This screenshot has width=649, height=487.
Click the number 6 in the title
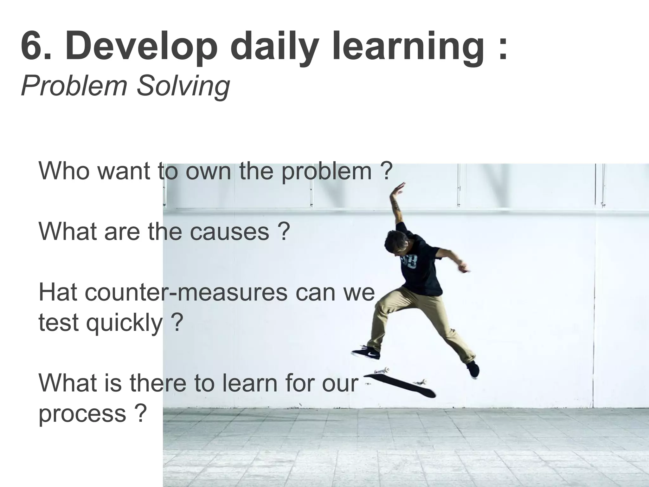click(32, 47)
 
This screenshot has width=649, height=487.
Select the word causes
click(229, 231)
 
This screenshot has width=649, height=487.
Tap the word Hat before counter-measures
click(58, 292)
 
